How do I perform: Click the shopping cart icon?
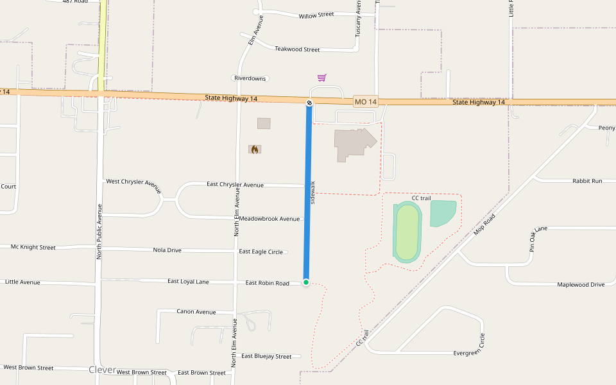(321, 78)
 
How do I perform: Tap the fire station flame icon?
(255, 150)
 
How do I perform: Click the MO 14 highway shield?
(366, 102)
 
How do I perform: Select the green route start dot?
(306, 282)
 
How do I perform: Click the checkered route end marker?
(309, 103)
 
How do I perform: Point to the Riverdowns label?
(250, 78)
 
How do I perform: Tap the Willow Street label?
(316, 15)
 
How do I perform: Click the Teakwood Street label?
(297, 49)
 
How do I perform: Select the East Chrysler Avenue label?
(235, 185)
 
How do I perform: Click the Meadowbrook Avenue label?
(269, 219)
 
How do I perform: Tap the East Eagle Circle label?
(261, 252)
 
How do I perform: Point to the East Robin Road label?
(267, 283)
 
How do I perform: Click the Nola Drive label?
(167, 250)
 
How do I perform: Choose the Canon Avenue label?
(196, 312)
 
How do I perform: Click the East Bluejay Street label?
(266, 356)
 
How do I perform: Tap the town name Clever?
(102, 370)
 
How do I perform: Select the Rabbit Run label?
(587, 181)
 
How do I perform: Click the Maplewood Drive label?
(581, 284)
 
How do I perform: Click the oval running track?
(407, 232)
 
